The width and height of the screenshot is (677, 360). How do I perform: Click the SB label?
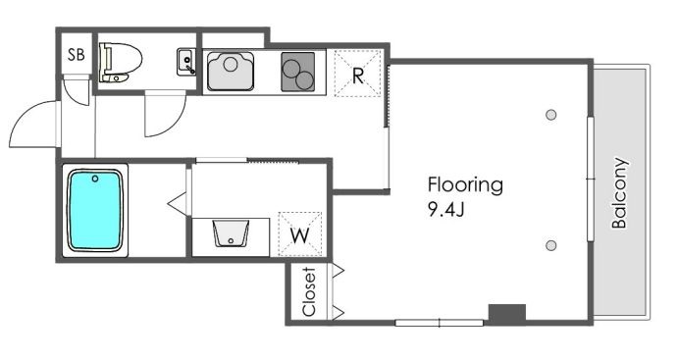pos(77,55)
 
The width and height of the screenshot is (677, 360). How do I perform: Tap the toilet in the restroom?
pos(121,62)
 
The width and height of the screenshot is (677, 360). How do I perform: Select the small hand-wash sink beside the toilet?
pos(186,62)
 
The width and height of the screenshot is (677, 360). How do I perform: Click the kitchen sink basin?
pos(231,72)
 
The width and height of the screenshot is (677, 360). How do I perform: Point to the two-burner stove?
pos(298,72)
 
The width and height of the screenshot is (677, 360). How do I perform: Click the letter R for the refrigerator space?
pos(358,76)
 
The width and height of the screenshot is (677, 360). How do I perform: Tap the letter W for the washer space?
pos(299,235)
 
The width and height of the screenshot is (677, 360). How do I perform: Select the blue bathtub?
pos(95,210)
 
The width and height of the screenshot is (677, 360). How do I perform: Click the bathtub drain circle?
pos(95,179)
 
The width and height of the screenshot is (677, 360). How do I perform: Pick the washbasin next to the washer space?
pos(231,234)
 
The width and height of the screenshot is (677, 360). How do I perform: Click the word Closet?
pos(309,291)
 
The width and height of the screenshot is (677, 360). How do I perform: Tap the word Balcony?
pos(619,192)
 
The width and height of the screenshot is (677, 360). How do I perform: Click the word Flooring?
pos(465,184)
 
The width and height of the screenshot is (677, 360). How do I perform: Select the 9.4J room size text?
pos(445,209)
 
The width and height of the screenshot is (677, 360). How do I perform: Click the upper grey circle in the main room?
pos(551,115)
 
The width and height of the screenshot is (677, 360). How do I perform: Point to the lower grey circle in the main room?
pos(551,245)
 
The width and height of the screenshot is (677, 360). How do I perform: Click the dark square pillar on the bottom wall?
pos(507,313)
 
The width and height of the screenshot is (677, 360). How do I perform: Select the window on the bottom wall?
pos(440,323)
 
